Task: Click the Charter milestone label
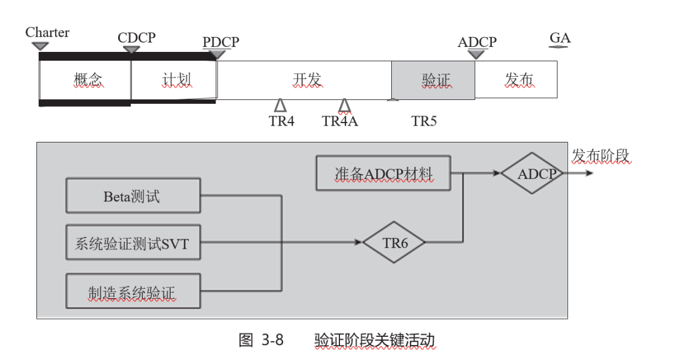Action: click(47, 32)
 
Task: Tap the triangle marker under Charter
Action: click(40, 46)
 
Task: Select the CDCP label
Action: click(136, 37)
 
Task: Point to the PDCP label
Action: click(221, 42)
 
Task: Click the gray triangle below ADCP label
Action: click(476, 54)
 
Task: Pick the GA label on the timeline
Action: click(560, 38)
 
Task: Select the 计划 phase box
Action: click(174, 80)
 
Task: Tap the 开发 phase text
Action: click(306, 80)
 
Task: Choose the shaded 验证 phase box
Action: click(433, 80)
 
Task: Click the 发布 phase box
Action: click(517, 80)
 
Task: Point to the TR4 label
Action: click(281, 121)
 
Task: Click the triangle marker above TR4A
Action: click(344, 105)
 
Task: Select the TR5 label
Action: click(424, 121)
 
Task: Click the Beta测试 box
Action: click(133, 196)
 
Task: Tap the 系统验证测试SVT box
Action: click(133, 242)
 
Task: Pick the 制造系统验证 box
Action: click(133, 291)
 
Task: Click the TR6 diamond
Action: click(394, 242)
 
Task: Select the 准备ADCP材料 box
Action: click(383, 173)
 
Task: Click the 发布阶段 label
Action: click(601, 156)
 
